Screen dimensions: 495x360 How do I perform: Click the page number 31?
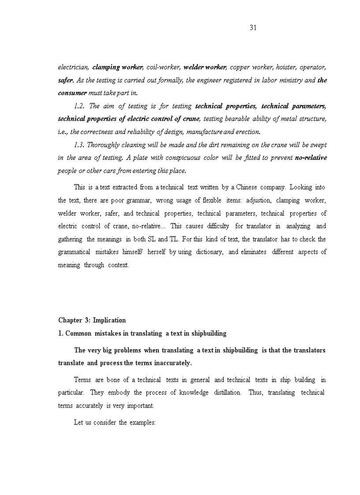tap(253, 27)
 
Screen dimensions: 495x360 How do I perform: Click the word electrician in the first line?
tap(73, 67)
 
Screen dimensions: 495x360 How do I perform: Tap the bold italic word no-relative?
tap(311, 158)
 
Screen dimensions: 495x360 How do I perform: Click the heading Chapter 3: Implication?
tap(92, 320)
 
